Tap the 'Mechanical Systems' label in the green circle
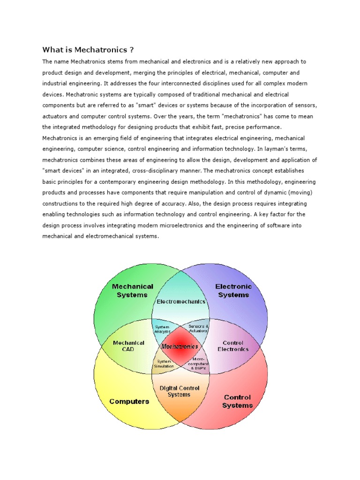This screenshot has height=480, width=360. (x=132, y=291)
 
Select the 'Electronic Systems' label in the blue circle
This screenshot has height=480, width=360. (x=233, y=291)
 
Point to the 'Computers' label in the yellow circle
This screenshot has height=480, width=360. (x=129, y=401)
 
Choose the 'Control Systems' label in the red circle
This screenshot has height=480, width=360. (x=237, y=401)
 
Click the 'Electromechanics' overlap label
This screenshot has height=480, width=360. (x=181, y=301)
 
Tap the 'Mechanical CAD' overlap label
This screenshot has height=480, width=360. (x=129, y=346)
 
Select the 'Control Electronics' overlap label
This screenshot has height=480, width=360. (x=233, y=346)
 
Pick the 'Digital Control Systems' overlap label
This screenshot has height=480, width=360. (x=180, y=391)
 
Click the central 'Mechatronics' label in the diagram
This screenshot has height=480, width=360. (x=180, y=347)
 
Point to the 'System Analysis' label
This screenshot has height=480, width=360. (x=161, y=328)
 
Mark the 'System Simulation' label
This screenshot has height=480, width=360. (x=164, y=364)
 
